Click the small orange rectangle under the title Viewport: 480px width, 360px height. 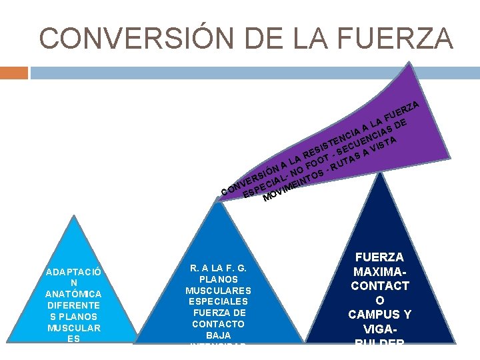click(14, 72)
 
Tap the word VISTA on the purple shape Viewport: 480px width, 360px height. click(385, 143)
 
